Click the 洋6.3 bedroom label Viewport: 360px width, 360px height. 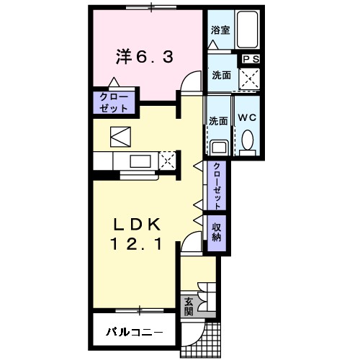(145, 56)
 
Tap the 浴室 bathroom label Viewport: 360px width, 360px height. (220, 31)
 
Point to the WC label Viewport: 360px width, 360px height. (248, 118)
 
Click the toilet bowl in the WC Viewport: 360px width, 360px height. (248, 140)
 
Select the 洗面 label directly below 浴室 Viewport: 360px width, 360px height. (220, 74)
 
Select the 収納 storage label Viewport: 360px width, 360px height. (216, 233)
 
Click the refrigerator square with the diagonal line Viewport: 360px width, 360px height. (119, 135)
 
